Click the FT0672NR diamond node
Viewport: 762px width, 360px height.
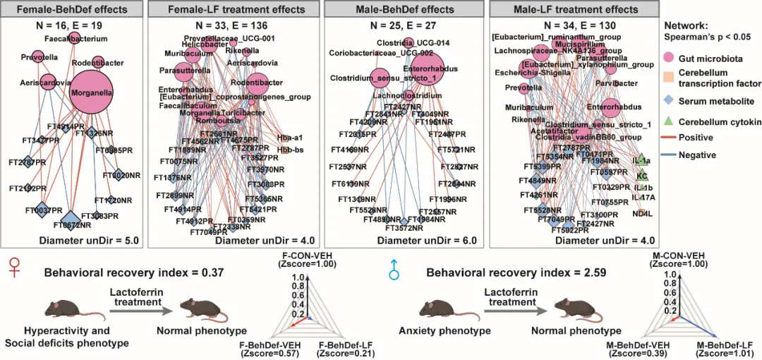pos(72,218)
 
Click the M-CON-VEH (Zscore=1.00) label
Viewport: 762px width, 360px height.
pos(677,260)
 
